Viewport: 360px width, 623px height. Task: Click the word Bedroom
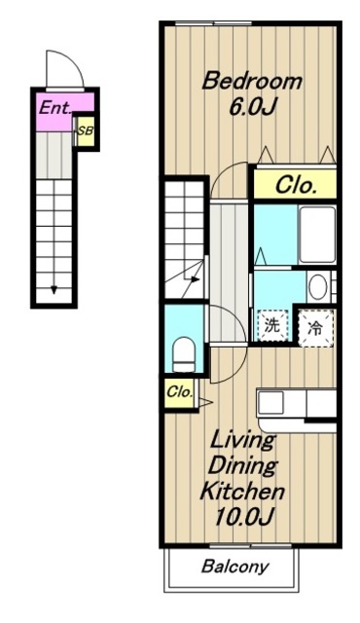[252, 81]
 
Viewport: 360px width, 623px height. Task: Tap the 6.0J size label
[252, 106]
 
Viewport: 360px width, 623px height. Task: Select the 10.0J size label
[243, 517]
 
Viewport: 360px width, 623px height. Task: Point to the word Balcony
[234, 567]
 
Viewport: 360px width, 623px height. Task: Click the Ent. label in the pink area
[54, 107]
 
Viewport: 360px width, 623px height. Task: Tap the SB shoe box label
[85, 130]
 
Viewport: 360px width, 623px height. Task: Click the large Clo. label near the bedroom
[296, 185]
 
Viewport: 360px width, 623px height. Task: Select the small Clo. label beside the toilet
[179, 392]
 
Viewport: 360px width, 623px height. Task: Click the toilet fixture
[184, 353]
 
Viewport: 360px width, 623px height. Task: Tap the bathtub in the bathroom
[317, 234]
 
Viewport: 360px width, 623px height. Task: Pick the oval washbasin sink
[317, 287]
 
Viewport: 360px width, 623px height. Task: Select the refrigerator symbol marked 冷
[316, 328]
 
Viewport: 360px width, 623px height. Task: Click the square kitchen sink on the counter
[270, 402]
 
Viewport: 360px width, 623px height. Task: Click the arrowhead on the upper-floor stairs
[195, 279]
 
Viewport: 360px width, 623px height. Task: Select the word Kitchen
[242, 491]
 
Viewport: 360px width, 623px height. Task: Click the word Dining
[242, 465]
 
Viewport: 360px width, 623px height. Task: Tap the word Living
[243, 440]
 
